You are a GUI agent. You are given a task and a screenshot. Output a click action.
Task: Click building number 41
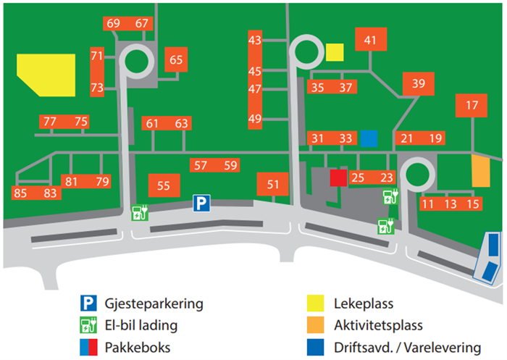pyautogui.click(x=371, y=41)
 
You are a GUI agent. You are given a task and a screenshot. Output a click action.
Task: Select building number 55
pyautogui.click(x=164, y=185)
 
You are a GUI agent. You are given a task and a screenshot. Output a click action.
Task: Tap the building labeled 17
pyautogui.click(x=472, y=106)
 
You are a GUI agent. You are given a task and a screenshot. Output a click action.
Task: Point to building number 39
pyautogui.click(x=418, y=84)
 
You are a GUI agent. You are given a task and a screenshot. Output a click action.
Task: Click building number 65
pyautogui.click(x=177, y=61)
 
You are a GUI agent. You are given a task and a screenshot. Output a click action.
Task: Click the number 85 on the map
pyautogui.click(x=20, y=193)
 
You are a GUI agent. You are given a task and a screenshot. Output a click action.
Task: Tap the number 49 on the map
pyautogui.click(x=254, y=119)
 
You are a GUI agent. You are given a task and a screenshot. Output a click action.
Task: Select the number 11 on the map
pyautogui.click(x=428, y=204)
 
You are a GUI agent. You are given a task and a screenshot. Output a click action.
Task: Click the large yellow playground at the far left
pyautogui.click(x=46, y=74)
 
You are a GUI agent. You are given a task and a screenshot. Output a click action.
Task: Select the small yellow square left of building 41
pyautogui.click(x=334, y=52)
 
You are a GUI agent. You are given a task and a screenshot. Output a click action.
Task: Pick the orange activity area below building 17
pyautogui.click(x=480, y=171)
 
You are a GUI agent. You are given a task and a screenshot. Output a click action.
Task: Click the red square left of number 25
pyautogui.click(x=338, y=177)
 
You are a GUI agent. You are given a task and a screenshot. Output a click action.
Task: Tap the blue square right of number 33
pyautogui.click(x=369, y=138)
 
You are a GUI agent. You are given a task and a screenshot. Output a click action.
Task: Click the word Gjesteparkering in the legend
pyautogui.click(x=151, y=304)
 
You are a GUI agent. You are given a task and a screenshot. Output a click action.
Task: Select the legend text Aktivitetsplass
pyautogui.click(x=378, y=325)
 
